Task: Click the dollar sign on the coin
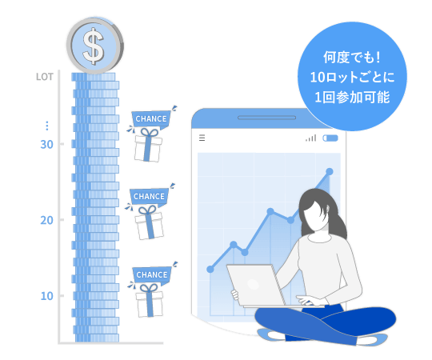[x=94, y=46]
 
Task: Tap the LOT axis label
[x=45, y=77]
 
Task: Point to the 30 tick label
[x=47, y=144]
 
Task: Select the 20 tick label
[x=47, y=220]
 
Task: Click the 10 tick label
[x=47, y=296]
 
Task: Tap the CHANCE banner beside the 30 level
[x=151, y=119]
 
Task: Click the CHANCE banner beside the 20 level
[x=149, y=197]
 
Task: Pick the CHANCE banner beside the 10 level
[x=152, y=275]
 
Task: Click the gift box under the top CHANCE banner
[x=148, y=145]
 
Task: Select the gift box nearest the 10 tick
[x=149, y=301]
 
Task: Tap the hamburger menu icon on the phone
[x=202, y=138]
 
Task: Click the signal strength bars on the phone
[x=311, y=138]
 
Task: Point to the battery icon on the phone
[x=330, y=138]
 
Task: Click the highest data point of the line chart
[x=330, y=171]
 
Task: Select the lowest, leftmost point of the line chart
[x=210, y=269]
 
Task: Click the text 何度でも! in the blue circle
[x=352, y=58]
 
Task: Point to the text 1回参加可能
[x=352, y=98]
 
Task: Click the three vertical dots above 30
[x=47, y=126]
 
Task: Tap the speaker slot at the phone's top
[x=266, y=118]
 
